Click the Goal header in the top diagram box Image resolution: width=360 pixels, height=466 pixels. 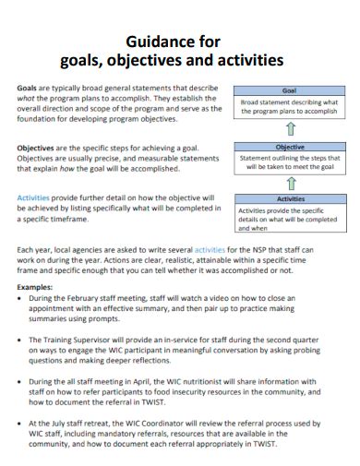[x=289, y=91]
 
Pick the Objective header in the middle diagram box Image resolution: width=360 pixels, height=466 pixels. [x=289, y=147]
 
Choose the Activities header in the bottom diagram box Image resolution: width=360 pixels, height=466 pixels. [x=289, y=199]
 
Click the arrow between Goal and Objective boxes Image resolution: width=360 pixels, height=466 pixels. [x=289, y=129]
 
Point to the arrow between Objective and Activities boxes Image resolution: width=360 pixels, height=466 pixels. [x=289, y=183]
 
